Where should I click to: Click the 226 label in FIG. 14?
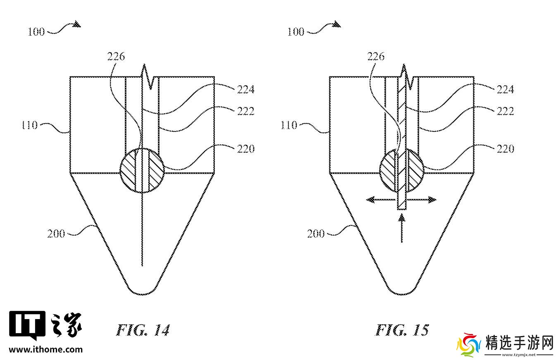coord(116,56)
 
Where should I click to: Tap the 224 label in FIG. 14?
coord(246,89)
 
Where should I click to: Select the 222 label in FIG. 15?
coord(506,111)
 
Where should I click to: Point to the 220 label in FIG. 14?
coord(246,149)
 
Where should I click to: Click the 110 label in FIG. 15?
coord(289,125)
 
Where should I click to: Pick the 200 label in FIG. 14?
coord(56,234)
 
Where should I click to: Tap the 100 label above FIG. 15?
coord(296,32)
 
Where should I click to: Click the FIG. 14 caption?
coord(143,330)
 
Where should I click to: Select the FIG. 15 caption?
coord(402,330)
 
